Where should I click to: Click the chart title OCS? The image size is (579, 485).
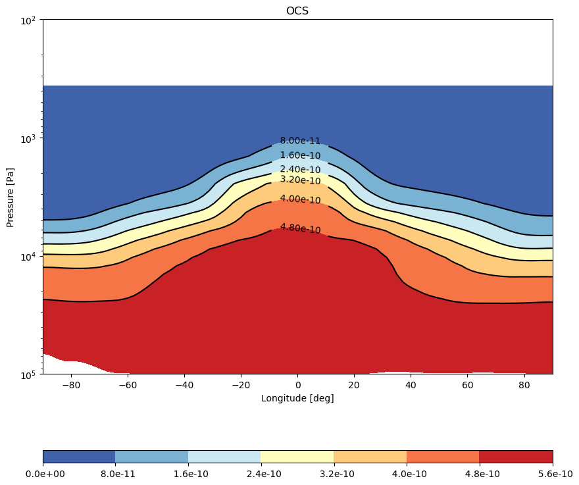point(297,11)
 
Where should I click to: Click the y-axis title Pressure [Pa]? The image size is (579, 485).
point(10,197)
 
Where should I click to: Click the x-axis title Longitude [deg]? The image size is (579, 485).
point(297,398)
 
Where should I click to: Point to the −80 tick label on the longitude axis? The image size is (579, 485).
point(71,385)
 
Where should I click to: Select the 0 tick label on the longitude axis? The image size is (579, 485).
point(298,385)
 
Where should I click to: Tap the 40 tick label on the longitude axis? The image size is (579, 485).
point(411,385)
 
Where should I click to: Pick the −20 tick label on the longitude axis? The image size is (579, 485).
point(241,385)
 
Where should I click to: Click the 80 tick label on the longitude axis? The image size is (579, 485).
point(524,385)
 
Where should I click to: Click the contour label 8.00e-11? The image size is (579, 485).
point(300,141)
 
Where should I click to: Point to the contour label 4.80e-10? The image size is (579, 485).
point(300,228)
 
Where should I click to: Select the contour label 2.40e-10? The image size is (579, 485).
point(300,170)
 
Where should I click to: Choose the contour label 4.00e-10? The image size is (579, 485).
point(300,199)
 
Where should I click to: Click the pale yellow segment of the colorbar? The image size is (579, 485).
point(297,457)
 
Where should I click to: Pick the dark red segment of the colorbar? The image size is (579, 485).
point(516,457)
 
